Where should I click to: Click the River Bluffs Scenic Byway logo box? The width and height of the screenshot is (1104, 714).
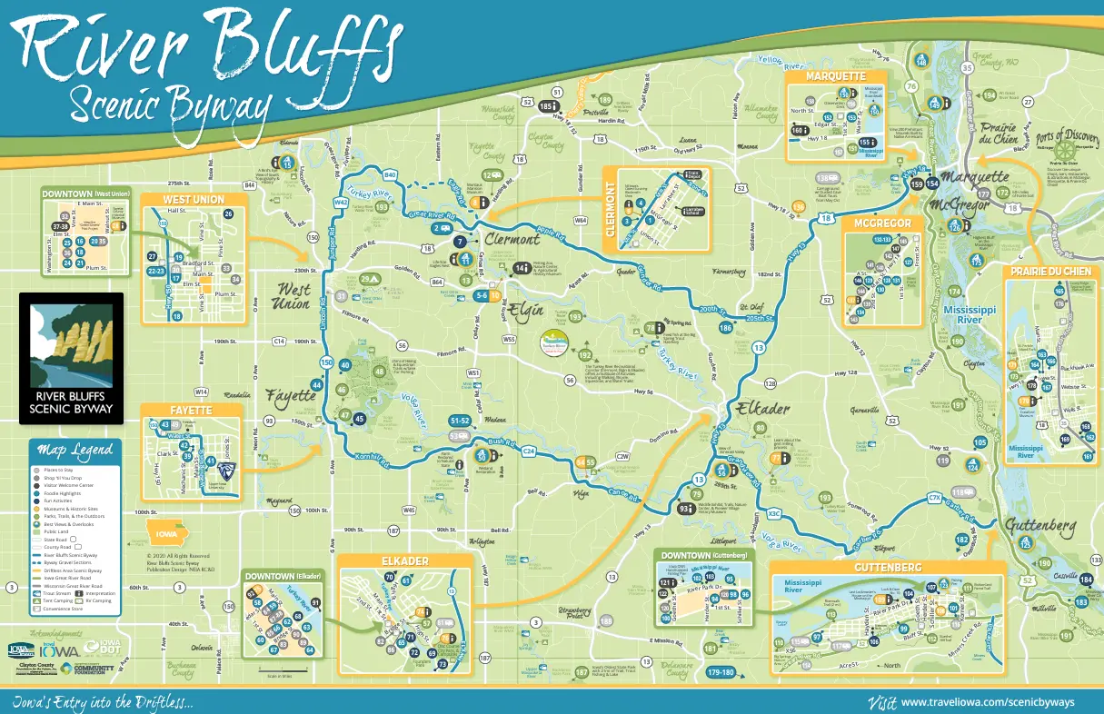(x=71, y=358)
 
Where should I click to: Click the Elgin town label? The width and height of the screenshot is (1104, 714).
(x=525, y=309)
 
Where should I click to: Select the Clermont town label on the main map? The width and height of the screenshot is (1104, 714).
(x=513, y=240)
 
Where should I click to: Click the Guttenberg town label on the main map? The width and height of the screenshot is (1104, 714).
(x=1041, y=526)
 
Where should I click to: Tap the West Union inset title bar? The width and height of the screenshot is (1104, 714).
(x=194, y=199)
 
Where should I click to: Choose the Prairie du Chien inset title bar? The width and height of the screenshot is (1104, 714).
(x=1049, y=273)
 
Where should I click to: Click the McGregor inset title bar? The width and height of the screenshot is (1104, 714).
(x=882, y=223)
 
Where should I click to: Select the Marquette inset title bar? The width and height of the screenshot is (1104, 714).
(x=835, y=76)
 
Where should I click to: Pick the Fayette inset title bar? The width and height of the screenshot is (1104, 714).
(x=191, y=411)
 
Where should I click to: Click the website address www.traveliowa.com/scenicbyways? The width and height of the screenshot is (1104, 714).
(x=987, y=702)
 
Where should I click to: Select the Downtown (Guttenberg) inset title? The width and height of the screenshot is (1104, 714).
(x=704, y=555)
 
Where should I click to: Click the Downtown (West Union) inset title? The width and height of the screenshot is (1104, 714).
(x=87, y=193)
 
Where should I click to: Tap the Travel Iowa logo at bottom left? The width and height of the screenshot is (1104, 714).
(x=56, y=649)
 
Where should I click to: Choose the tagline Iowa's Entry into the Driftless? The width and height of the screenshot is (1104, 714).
(x=102, y=702)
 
